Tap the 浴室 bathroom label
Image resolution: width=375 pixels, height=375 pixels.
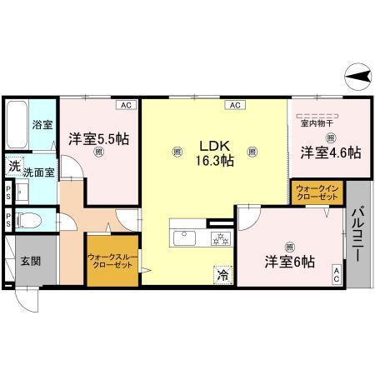click(x=42, y=126)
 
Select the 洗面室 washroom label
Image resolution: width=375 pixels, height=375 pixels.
click(x=37, y=171)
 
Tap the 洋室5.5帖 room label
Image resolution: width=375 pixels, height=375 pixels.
click(x=98, y=140)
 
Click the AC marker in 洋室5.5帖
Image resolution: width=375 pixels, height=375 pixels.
click(x=125, y=106)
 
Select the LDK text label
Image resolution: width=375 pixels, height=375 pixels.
click(x=213, y=142)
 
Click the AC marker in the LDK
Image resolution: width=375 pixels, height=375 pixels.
click(x=234, y=106)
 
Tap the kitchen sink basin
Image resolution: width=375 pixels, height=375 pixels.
click(x=183, y=239)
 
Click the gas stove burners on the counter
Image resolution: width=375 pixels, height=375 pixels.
click(x=219, y=239)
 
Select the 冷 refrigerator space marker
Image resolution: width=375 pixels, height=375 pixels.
click(x=222, y=272)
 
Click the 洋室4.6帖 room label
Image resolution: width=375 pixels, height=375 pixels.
click(x=331, y=152)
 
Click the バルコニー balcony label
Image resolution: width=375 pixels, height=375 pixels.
click(x=359, y=234)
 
